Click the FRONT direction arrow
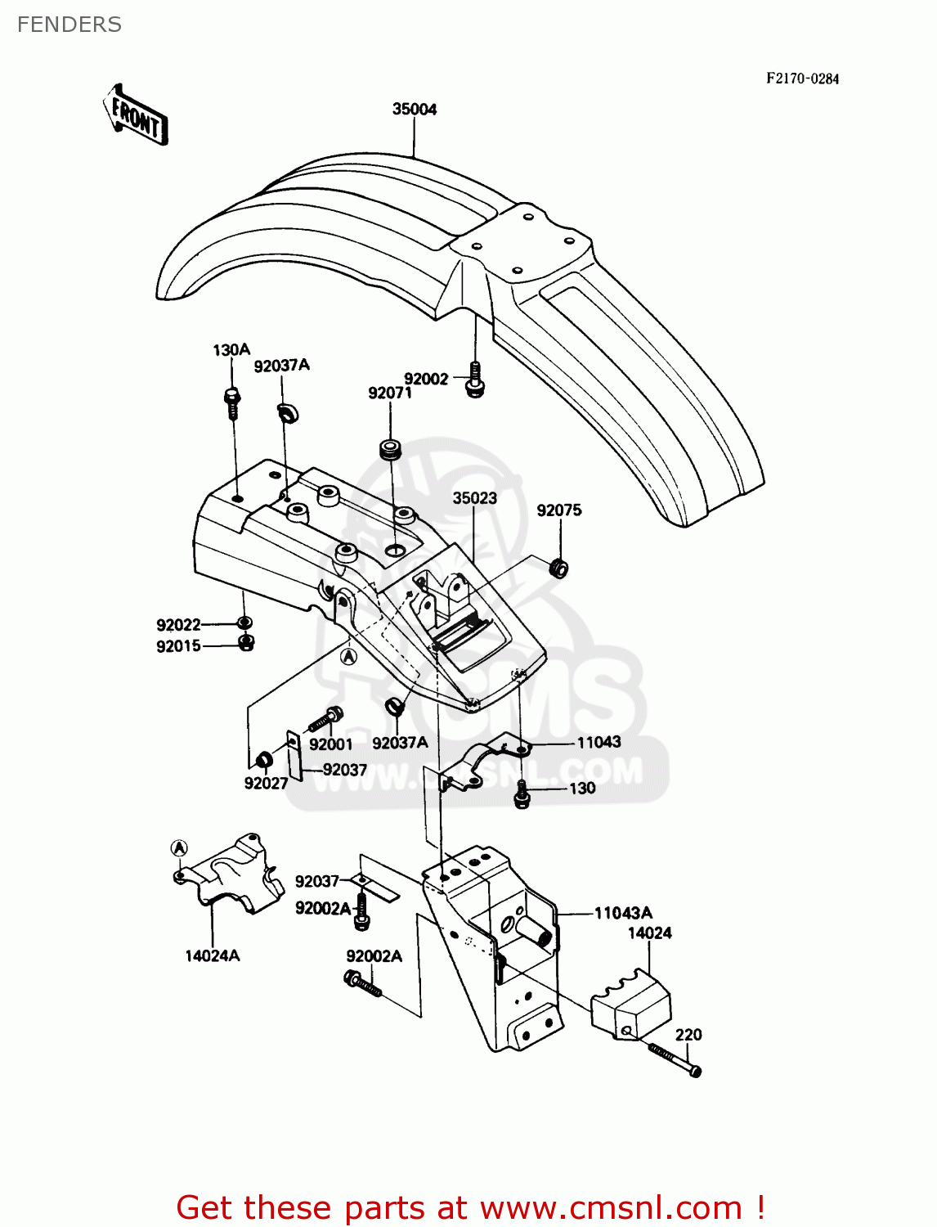tap(136, 115)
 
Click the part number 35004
tap(415, 109)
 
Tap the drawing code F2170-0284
tap(802, 79)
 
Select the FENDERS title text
tap(69, 25)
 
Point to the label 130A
tap(231, 350)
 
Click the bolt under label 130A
tap(231, 402)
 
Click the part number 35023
tap(475, 498)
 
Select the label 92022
tap(178, 625)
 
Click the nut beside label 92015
tap(245, 643)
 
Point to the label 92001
tap(331, 744)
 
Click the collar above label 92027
tap(265, 759)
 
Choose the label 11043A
tap(623, 913)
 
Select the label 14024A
tap(213, 955)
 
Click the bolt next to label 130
tap(522, 794)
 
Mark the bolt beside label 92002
tap(474, 380)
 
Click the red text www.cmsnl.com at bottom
tap(611, 1207)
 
